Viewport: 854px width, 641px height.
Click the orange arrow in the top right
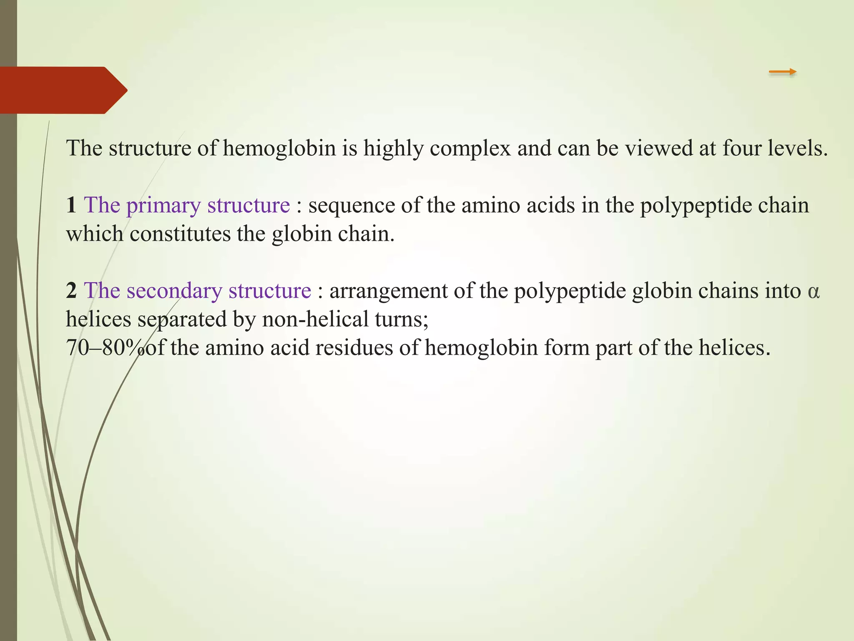pyautogui.click(x=782, y=72)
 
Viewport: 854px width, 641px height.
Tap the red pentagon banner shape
pyautogui.click(x=58, y=90)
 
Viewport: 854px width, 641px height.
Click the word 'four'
pyautogui.click(x=742, y=148)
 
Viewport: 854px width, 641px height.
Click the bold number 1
pyautogui.click(x=71, y=205)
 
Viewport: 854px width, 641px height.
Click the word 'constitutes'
pyautogui.click(x=180, y=234)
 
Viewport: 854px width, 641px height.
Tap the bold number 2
pyautogui.click(x=71, y=291)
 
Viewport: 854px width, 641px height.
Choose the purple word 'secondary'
pyautogui.click(x=174, y=291)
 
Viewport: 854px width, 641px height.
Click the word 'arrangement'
pyautogui.click(x=388, y=291)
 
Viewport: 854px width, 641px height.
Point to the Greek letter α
pyautogui.click(x=814, y=292)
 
